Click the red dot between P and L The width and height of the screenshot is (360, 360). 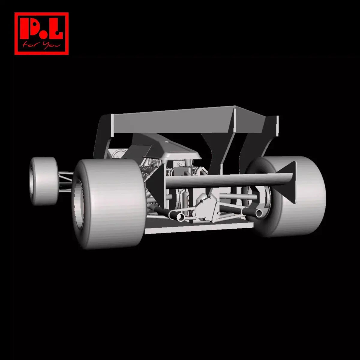click(x=43, y=35)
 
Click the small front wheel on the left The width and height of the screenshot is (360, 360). click(x=44, y=181)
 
